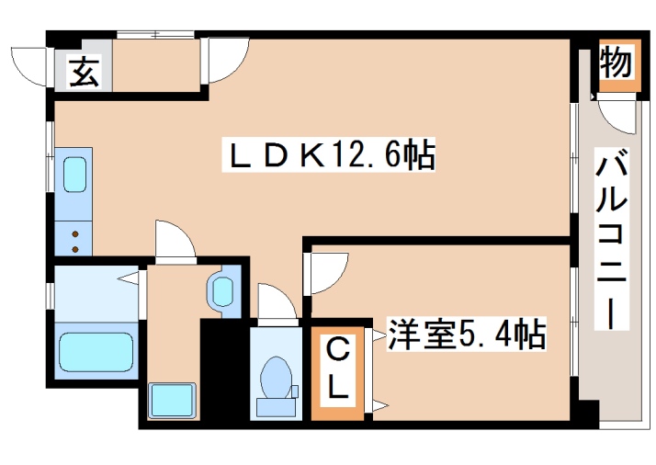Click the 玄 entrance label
[84, 72]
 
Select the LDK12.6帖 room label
[332, 156]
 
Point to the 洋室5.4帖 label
[467, 335]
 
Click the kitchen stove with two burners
[74, 240]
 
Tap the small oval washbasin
[221, 290]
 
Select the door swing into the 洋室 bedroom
[326, 272]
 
